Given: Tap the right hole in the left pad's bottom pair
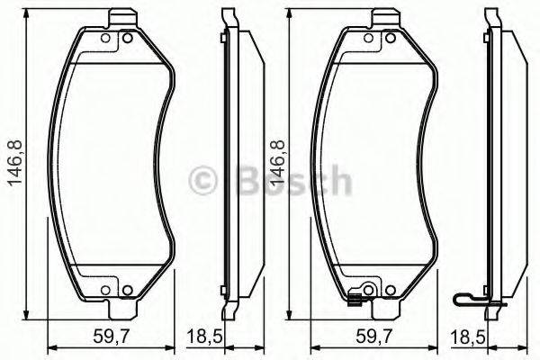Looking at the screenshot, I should [126, 289].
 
